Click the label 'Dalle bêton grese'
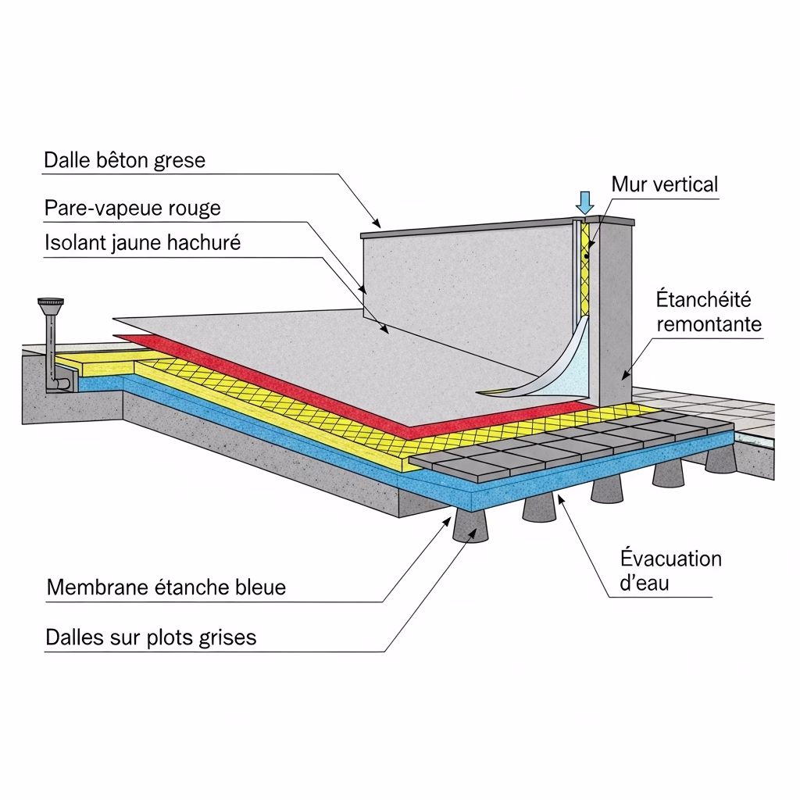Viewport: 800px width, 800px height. coord(124,161)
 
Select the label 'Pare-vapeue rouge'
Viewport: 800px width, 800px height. coord(132,209)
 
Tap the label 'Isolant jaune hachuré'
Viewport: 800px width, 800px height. coord(142,243)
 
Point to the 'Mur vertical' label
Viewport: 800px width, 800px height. coord(664,184)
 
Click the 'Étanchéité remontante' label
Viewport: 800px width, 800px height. coord(708,311)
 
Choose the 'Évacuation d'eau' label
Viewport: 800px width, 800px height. coord(670,570)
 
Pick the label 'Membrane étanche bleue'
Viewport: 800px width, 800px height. coord(166,587)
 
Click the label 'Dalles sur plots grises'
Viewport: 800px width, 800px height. coord(151,637)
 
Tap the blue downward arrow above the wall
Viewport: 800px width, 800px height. coord(584,202)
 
